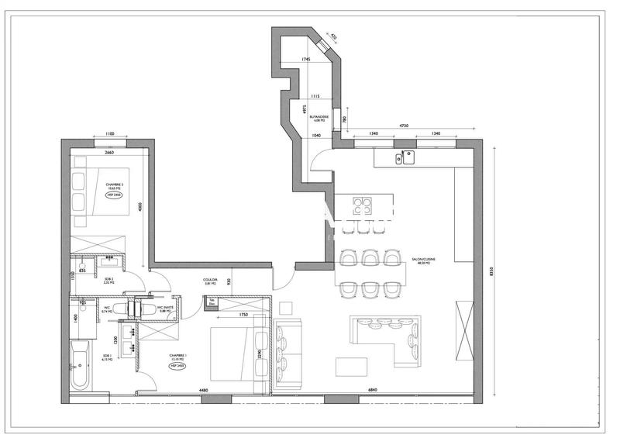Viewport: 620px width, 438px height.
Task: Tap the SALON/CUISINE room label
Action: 422,262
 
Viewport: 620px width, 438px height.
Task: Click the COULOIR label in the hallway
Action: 210,281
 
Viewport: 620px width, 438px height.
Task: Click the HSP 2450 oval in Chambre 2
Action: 115,195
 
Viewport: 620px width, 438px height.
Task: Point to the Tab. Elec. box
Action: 212,302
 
